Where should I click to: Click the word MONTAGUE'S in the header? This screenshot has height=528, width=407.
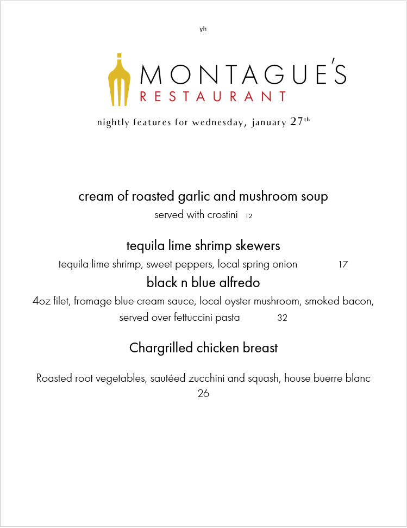[x=243, y=74]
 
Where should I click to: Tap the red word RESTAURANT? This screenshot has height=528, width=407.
[x=213, y=97]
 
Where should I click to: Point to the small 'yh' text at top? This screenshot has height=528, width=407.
[x=203, y=29]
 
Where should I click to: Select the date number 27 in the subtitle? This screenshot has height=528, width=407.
[x=297, y=122]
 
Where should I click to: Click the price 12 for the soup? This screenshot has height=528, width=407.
[x=249, y=216]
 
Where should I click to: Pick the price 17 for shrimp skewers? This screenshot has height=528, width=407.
[x=343, y=265]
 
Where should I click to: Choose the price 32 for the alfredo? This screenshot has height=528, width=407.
[x=282, y=318]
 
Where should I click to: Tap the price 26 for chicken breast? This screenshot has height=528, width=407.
[x=203, y=393]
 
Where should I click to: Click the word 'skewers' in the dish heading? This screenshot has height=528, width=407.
[x=258, y=246]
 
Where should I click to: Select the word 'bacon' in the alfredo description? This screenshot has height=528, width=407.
[x=359, y=301]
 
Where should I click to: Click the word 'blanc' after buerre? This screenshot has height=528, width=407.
[x=358, y=378]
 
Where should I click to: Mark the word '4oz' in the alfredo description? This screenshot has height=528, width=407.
[x=41, y=301]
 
